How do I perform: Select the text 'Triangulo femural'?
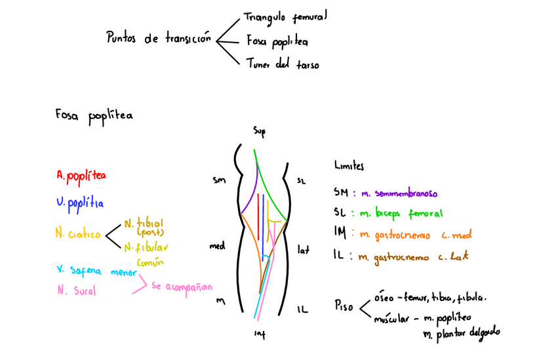285,16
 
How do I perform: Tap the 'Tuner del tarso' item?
283,64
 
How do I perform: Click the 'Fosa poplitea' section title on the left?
94,115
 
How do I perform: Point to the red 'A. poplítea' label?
81,176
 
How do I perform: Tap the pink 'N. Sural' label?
76,291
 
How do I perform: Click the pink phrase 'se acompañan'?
182,287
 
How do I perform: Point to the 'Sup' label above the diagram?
259,132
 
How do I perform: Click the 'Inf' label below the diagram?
260,334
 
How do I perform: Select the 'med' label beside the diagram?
217,247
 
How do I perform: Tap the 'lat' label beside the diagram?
303,249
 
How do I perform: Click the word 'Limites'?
349,167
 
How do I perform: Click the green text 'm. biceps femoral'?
400,214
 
